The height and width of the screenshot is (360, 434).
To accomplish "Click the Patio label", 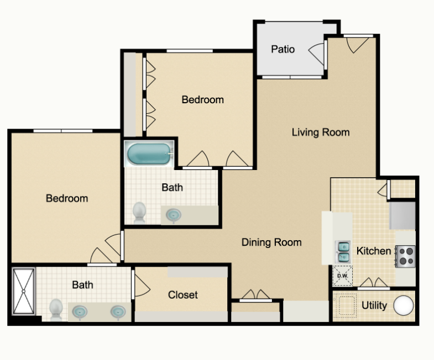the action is click(283, 49).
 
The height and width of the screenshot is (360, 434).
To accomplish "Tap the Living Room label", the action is click(321, 132).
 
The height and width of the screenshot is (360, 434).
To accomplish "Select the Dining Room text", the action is click(271, 242).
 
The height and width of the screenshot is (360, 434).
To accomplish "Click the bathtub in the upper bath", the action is click(149, 153).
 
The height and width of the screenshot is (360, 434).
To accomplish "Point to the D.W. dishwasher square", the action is click(343, 276).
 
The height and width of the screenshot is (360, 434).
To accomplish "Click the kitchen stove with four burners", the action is click(405, 256).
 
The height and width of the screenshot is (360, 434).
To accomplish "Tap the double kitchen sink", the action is click(343, 252).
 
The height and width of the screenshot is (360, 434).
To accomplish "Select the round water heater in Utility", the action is click(403, 305).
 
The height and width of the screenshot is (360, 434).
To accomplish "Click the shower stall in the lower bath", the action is click(24, 291).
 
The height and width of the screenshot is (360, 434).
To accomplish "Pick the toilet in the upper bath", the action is click(139, 213).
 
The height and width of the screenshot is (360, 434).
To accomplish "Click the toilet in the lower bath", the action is click(56, 310).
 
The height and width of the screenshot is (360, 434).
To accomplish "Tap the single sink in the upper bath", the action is click(174, 215).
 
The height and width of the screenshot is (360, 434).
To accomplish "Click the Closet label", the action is click(182, 295).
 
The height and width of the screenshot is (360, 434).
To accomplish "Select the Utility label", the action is click(374, 305).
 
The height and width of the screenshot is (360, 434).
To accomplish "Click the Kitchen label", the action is click(373, 251).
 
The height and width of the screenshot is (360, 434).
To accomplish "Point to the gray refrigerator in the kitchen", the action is click(402, 216).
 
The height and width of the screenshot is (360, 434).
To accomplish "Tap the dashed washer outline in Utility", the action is click(346, 305).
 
